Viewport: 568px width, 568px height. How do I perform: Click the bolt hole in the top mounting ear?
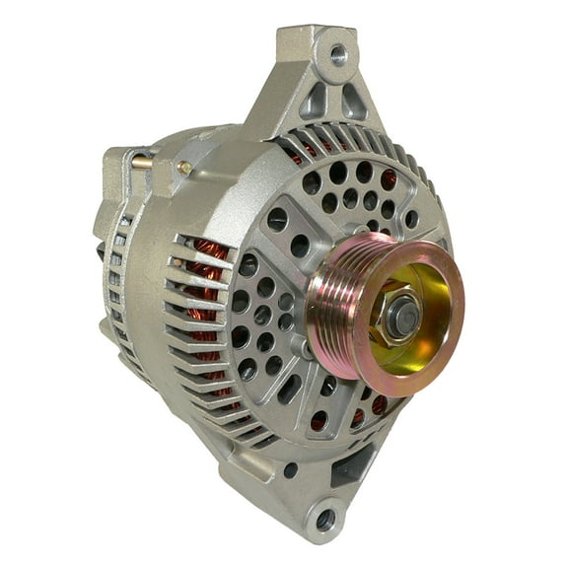tap(337, 54)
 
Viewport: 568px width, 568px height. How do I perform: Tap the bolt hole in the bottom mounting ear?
tap(325, 517)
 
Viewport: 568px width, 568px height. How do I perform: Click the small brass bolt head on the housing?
tap(184, 169)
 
